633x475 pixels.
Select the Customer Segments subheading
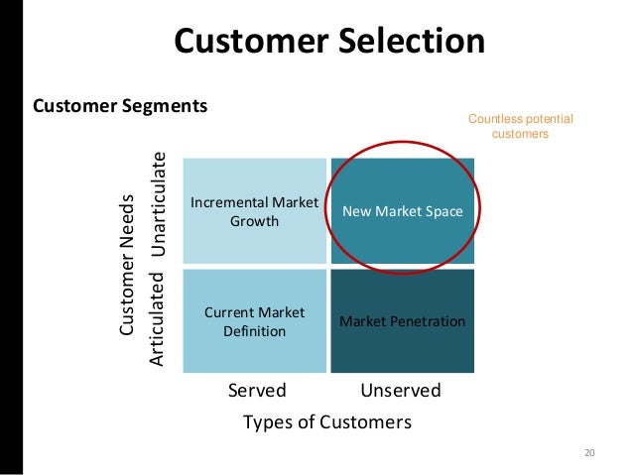point(120,104)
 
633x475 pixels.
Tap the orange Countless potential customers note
point(520,127)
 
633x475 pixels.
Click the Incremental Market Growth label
point(254,211)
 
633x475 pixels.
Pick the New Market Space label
point(403,211)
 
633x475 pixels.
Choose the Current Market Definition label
point(254,321)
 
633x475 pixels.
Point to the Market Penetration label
point(403,321)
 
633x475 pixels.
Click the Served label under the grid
point(257,390)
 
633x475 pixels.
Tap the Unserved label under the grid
point(401,390)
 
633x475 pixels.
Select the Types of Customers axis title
point(327,422)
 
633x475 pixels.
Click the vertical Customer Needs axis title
point(127,264)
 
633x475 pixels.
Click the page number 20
point(589,453)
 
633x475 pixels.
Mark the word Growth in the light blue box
point(254,220)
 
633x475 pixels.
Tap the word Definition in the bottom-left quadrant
point(254,330)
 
